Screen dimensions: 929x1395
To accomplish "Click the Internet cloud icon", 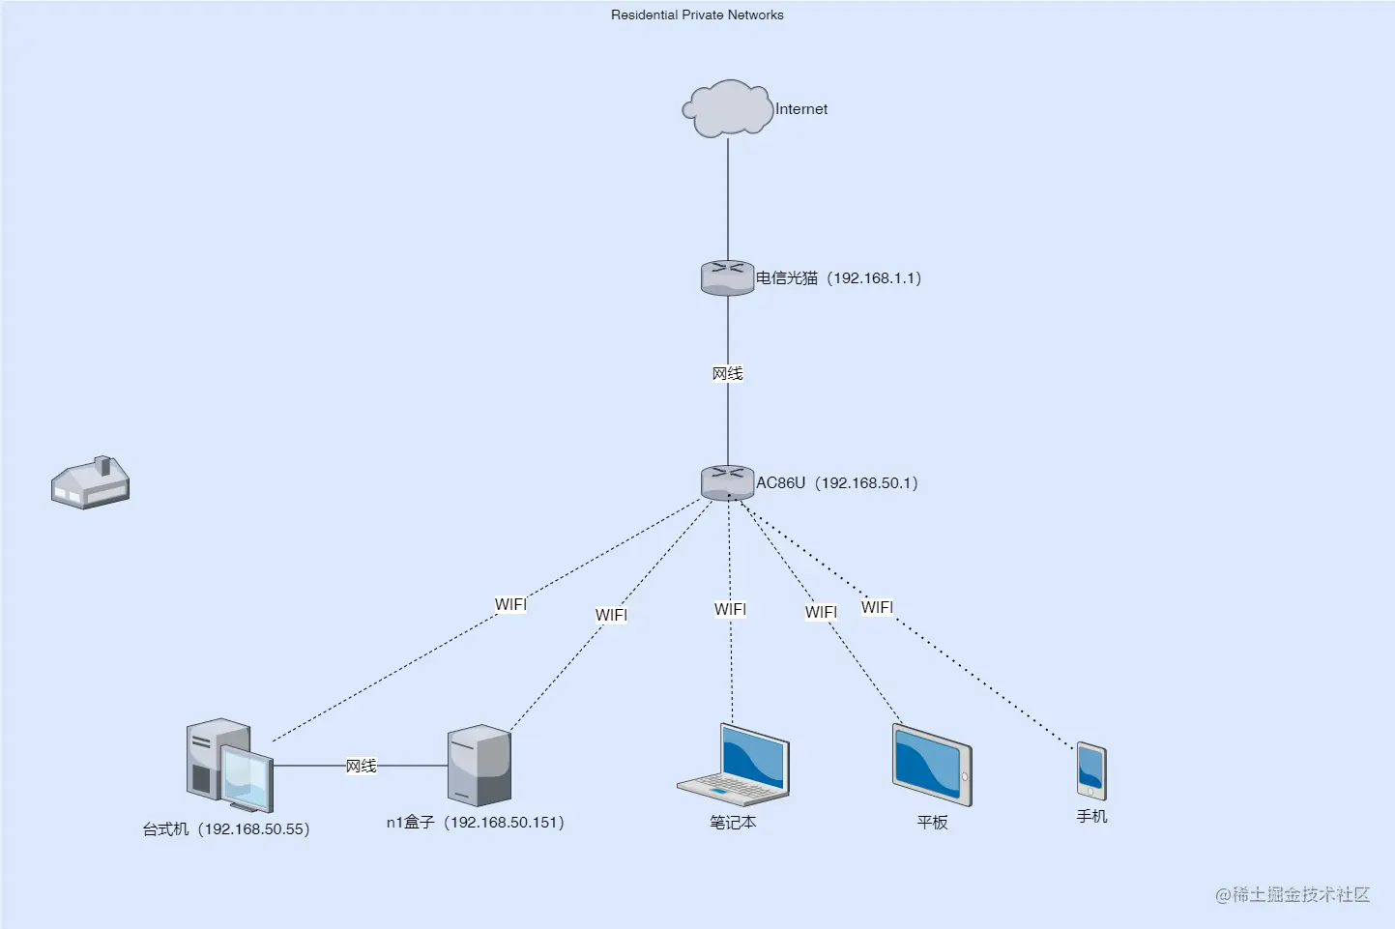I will [728, 108].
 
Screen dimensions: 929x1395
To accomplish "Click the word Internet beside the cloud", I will [801, 109].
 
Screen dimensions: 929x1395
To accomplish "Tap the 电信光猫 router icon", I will [727, 277].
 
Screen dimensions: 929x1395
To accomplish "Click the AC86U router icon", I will [727, 482].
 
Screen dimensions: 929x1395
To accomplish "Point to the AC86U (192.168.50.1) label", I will [836, 483].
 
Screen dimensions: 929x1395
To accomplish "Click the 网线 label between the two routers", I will [727, 374].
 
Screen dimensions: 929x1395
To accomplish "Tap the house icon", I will [90, 482].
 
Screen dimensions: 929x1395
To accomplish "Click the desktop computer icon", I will [229, 765].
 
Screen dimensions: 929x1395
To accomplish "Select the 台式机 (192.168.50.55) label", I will [226, 829].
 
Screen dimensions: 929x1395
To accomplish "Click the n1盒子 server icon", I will [479, 766].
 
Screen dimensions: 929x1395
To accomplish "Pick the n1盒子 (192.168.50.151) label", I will [475, 823].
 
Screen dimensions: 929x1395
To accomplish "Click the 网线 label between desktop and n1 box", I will [361, 766].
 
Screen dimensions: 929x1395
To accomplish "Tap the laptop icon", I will [734, 766].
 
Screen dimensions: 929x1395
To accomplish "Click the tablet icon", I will [931, 766].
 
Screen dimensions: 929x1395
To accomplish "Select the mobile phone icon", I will [1091, 770].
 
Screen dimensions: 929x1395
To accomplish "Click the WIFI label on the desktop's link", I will [510, 605].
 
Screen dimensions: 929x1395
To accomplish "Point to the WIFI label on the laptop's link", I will [730, 609].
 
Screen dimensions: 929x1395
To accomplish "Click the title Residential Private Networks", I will [697, 15].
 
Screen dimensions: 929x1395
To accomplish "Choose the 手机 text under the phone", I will [1091, 817].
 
